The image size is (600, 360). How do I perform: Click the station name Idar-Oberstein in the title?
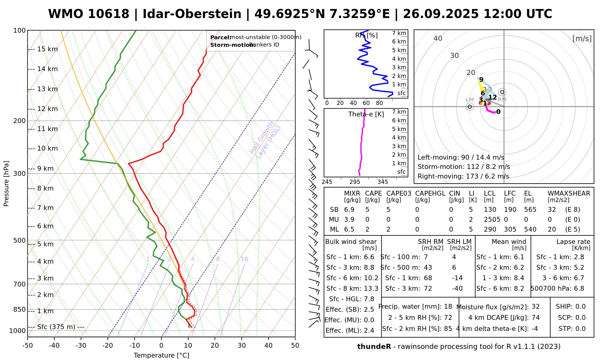tap(192, 14)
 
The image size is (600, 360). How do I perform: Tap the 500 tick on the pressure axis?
tap(19, 240)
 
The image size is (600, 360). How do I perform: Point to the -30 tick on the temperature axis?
tap(81, 346)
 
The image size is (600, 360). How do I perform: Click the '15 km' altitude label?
tap(47, 49)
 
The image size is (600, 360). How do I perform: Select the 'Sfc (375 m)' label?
tap(56, 327)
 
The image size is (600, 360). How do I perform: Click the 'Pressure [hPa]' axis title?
tap(6, 184)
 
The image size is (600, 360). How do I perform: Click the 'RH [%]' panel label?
tap(366, 35)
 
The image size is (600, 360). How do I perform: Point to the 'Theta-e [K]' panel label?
tap(366, 114)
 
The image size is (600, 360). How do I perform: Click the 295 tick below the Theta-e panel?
tap(355, 182)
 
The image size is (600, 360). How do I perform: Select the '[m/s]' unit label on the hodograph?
tap(582, 39)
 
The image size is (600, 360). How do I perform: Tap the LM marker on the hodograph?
tap(470, 106)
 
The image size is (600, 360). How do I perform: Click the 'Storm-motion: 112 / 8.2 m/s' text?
tap(463, 167)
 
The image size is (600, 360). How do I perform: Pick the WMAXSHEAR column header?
tap(569, 193)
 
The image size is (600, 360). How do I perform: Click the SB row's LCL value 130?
tap(490, 210)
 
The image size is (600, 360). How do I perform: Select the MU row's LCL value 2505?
tap(492, 220)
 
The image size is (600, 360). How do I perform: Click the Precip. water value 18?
tap(448, 307)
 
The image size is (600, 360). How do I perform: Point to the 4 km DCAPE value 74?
tap(535, 318)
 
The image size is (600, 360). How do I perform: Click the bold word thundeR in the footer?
tap(374, 347)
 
